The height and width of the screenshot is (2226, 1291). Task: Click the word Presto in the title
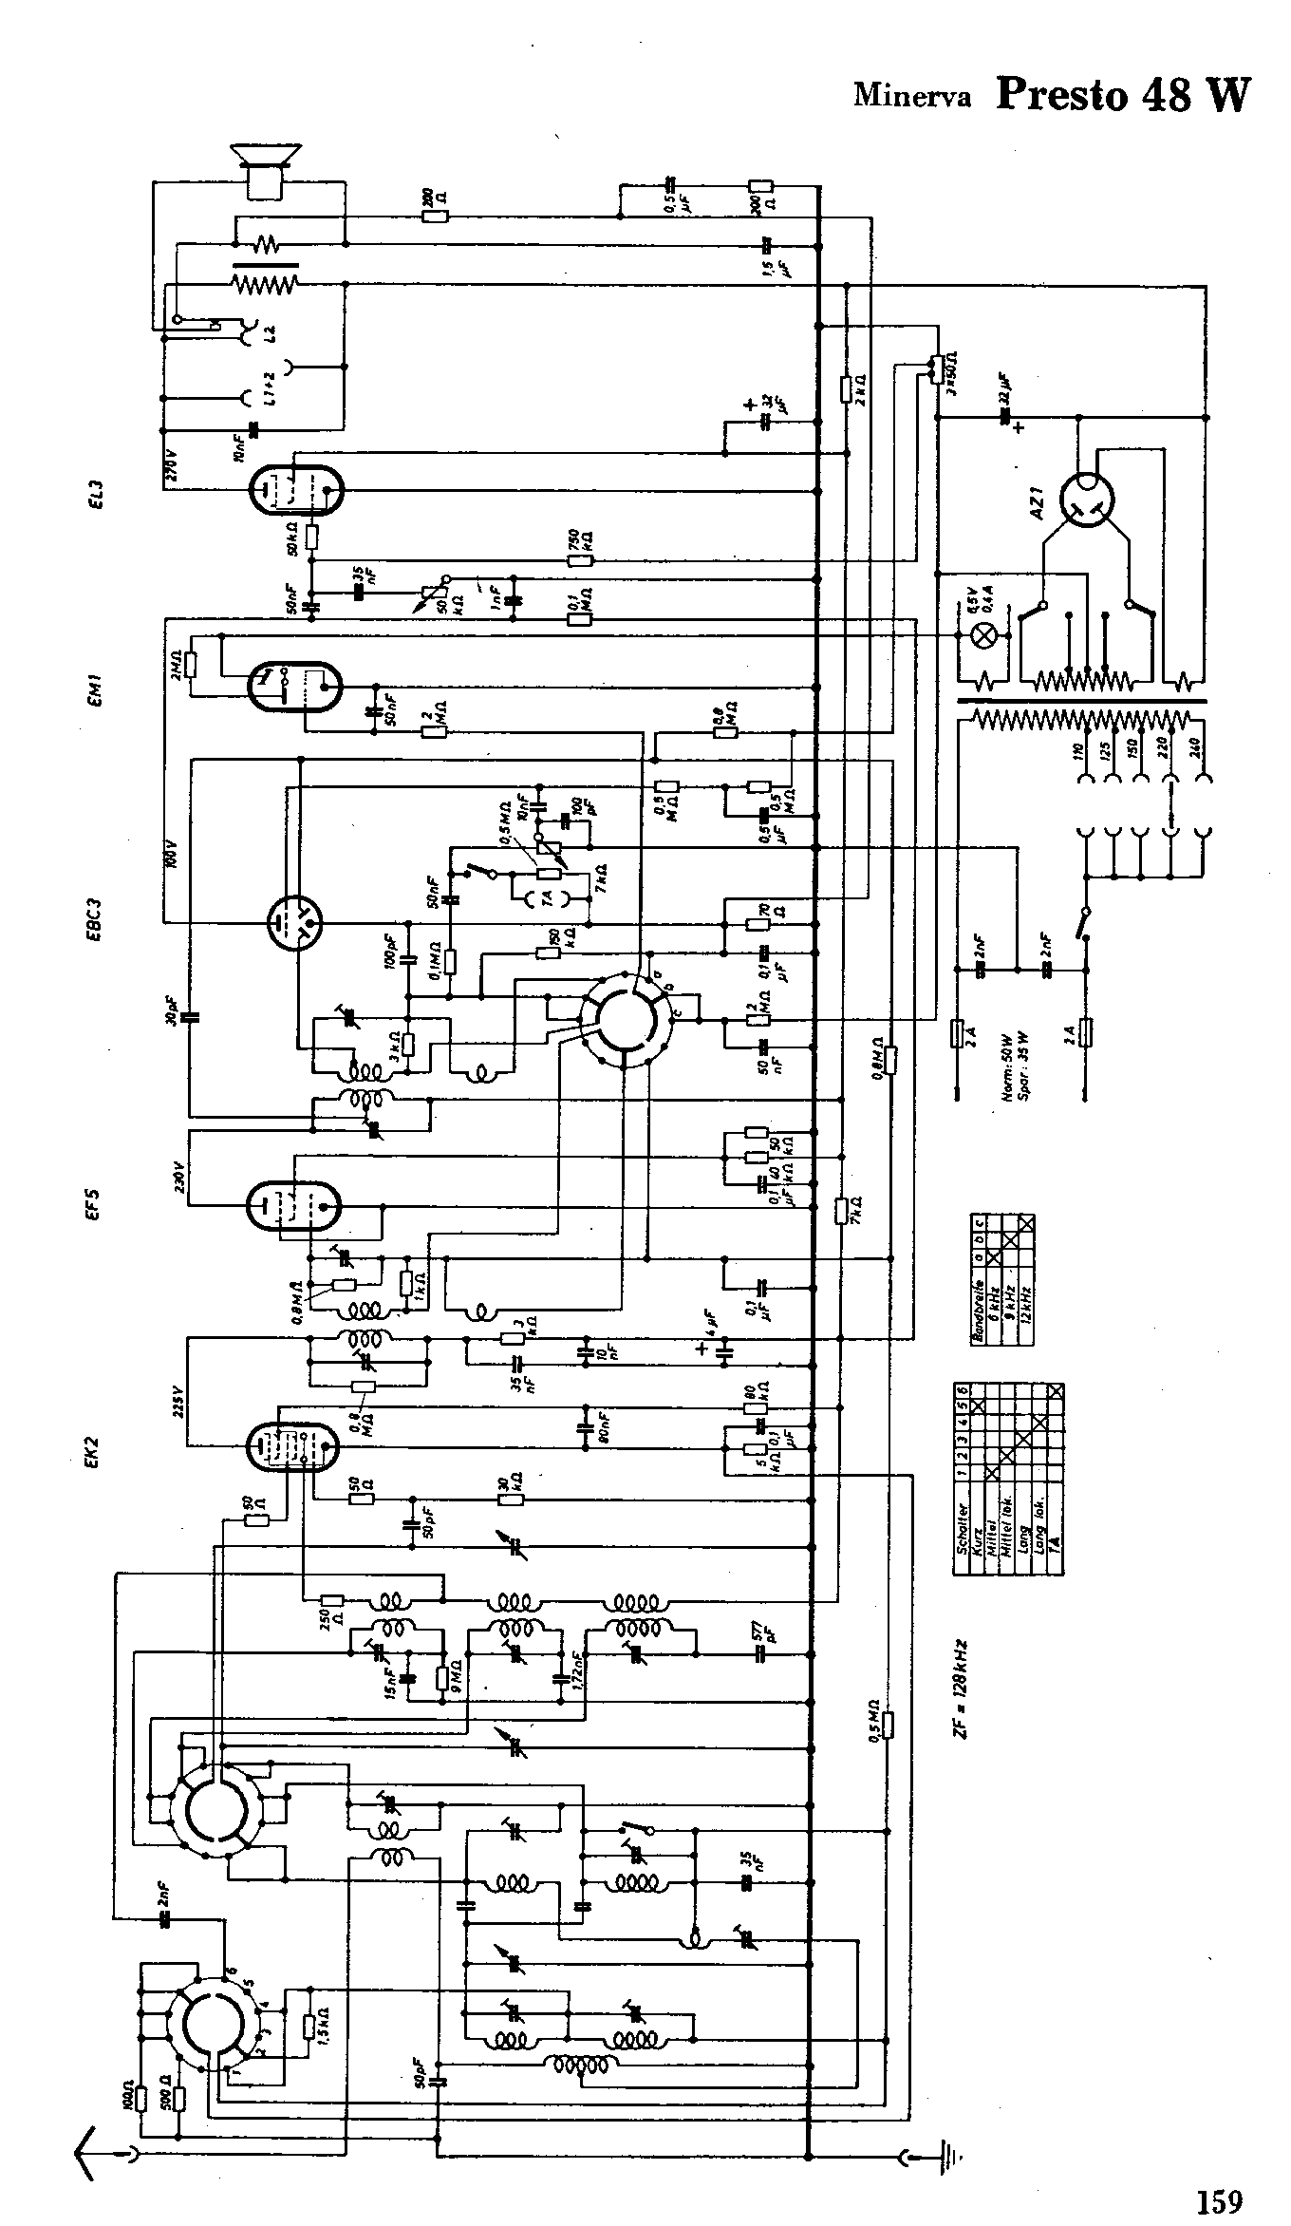coord(1062,95)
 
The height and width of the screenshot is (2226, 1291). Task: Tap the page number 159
coord(1220,2174)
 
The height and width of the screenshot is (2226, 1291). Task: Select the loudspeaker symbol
coord(266,169)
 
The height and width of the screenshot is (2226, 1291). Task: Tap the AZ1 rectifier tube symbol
coord(1085,500)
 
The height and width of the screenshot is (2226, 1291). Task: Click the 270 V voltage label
coord(173,466)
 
